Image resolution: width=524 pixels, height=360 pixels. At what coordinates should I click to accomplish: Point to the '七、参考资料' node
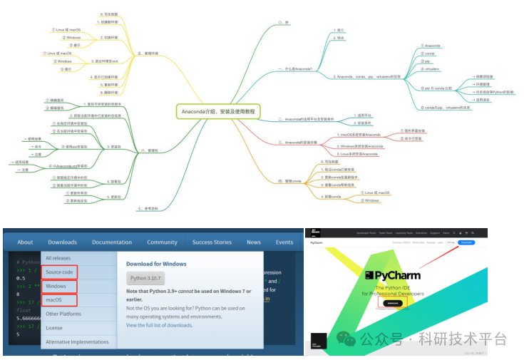tap(149, 207)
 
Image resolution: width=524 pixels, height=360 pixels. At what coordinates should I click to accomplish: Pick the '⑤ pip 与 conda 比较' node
tap(437, 87)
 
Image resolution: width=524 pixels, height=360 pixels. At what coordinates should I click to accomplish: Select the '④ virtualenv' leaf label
tap(431, 69)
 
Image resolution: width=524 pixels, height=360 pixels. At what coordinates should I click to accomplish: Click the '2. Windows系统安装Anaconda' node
tap(360, 145)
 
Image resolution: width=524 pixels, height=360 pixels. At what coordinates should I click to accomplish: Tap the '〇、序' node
tap(282, 23)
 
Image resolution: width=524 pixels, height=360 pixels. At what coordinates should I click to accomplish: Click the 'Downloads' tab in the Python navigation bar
tap(63, 242)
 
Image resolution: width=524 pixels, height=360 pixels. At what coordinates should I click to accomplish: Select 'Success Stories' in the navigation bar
tap(212, 242)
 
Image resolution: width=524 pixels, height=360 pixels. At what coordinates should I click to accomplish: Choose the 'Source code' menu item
tap(60, 272)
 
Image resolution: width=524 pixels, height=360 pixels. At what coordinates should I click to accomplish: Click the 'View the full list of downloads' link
tap(159, 325)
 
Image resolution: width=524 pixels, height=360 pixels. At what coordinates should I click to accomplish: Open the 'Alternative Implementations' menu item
tap(77, 341)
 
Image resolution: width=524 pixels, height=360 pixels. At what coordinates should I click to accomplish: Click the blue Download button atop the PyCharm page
tap(467, 242)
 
